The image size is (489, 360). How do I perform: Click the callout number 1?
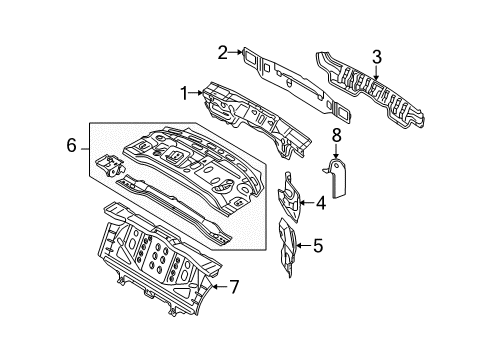pyautogui.click(x=184, y=93)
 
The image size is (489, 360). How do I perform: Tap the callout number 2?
pyautogui.click(x=223, y=52)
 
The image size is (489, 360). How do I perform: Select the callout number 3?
pyautogui.click(x=376, y=57)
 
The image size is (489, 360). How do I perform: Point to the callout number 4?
pyautogui.click(x=321, y=203)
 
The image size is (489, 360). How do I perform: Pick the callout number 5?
pyautogui.click(x=318, y=246)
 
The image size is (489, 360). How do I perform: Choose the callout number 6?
pyautogui.click(x=72, y=145)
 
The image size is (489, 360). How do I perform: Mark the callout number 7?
pyautogui.click(x=234, y=287)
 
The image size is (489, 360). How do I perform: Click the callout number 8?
pyautogui.click(x=336, y=135)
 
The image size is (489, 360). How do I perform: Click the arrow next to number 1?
pyautogui.click(x=196, y=93)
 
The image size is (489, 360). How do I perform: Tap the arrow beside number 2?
pyautogui.click(x=235, y=52)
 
